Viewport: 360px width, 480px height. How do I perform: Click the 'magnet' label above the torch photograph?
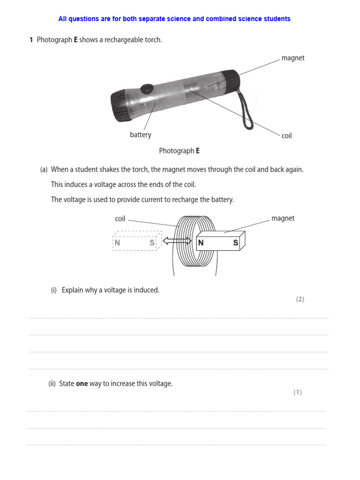(x=292, y=58)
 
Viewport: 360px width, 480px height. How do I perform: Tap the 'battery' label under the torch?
(x=141, y=135)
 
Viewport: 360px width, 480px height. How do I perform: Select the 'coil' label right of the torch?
(x=286, y=136)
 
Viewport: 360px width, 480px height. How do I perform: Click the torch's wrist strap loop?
(x=247, y=112)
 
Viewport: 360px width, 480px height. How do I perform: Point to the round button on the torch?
(x=148, y=88)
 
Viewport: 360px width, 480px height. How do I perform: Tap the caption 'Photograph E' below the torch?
(x=179, y=151)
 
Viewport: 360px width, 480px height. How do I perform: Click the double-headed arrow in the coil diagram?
(x=177, y=241)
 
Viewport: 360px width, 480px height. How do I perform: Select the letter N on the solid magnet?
(x=201, y=243)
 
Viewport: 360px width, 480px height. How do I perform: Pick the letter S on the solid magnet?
(x=236, y=243)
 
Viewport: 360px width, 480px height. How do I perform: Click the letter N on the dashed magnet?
(x=117, y=243)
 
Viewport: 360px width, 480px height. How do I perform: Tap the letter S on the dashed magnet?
(x=152, y=243)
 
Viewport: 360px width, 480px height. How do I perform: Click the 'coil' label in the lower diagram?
(x=120, y=219)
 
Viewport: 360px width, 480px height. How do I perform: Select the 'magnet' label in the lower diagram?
(x=283, y=218)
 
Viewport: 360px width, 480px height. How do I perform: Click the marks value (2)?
(x=300, y=300)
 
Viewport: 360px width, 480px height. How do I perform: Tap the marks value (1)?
(x=298, y=392)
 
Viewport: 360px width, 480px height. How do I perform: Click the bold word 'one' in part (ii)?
(x=82, y=383)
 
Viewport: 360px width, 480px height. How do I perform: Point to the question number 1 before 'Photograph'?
(x=31, y=40)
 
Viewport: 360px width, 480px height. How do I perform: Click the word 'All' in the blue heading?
(x=63, y=19)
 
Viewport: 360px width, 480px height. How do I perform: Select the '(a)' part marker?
(x=44, y=170)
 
